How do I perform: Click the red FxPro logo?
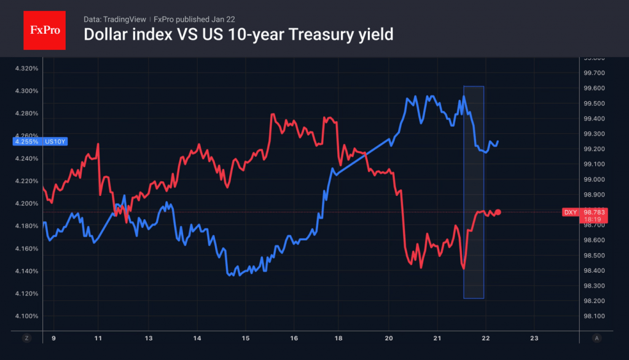tap(44, 29)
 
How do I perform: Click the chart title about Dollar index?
tap(238, 35)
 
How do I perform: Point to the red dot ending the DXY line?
tap(498, 212)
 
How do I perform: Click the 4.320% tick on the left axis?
tap(26, 68)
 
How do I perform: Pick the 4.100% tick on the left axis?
tap(26, 316)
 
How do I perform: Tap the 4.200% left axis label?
tap(26, 203)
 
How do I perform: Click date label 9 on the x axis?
tap(53, 338)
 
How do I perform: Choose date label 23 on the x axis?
tap(534, 338)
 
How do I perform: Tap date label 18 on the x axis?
tap(339, 338)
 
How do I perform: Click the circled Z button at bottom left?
tap(26, 338)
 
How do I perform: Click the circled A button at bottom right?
tap(597, 338)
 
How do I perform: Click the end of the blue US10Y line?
tap(498, 141)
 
